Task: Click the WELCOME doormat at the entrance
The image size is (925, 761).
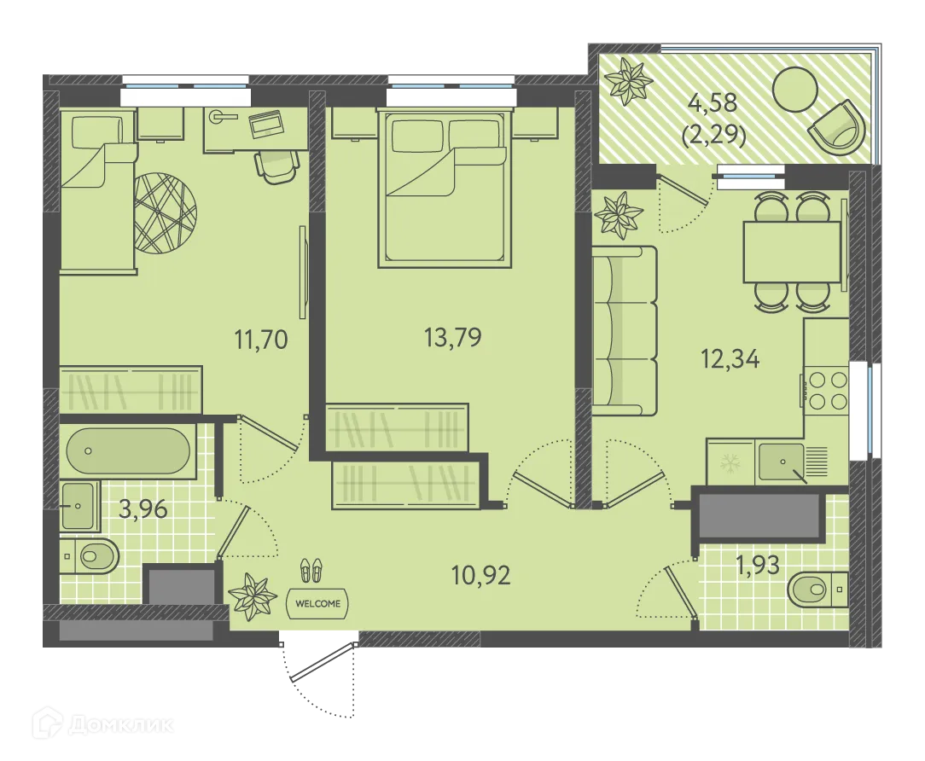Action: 317,603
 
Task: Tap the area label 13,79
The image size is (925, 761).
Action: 452,338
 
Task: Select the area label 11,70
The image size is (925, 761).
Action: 261,340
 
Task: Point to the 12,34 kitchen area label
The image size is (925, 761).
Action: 730,358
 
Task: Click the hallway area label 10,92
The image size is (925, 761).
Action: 480,575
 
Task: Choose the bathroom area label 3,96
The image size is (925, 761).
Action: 143,508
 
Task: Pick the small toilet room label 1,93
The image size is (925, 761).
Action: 758,566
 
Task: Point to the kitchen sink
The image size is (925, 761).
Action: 781,462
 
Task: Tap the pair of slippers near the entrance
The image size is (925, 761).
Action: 311,571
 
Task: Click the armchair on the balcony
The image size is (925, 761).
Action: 836,129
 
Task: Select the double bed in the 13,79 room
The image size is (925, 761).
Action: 445,189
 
